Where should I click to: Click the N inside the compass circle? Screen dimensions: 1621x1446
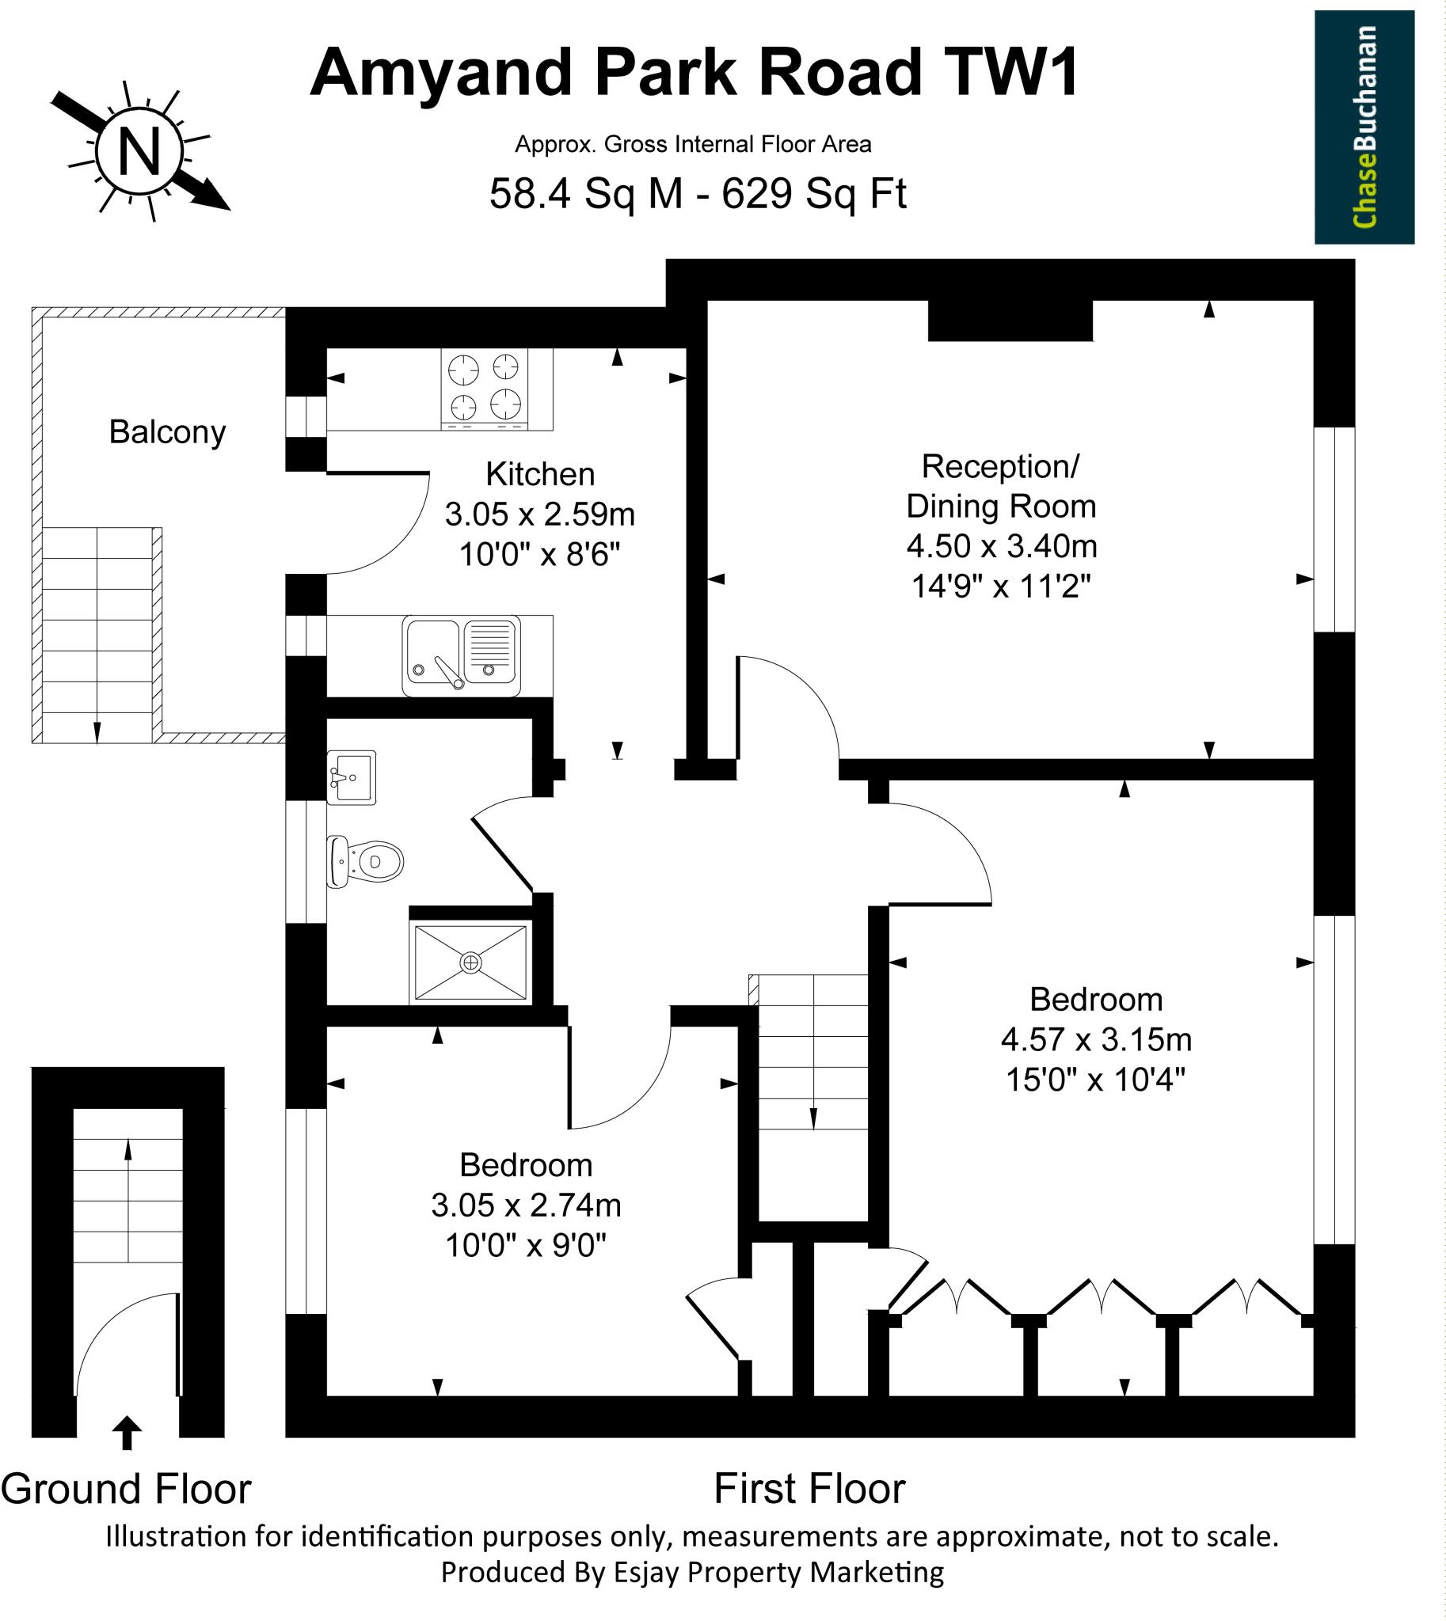pos(140,150)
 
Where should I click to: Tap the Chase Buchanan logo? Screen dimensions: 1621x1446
pos(1364,127)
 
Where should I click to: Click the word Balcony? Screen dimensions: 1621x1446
pos(167,432)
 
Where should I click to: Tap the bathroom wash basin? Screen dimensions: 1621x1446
pos(351,777)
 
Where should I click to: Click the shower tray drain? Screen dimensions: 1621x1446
pos(470,962)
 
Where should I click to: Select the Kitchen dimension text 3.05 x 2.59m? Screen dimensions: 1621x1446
pos(539,514)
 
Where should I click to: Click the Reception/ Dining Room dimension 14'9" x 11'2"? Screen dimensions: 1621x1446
pos(1001,587)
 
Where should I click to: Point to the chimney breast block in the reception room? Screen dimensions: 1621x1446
pos(1010,321)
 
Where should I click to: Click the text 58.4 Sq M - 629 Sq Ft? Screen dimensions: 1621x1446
pos(698,193)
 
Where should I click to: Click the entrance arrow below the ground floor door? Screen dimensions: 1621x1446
pos(127,1433)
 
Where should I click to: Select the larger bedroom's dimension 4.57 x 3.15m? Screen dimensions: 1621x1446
pos(1096,1039)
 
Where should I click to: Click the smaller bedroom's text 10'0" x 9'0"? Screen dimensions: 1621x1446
pos(525,1245)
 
